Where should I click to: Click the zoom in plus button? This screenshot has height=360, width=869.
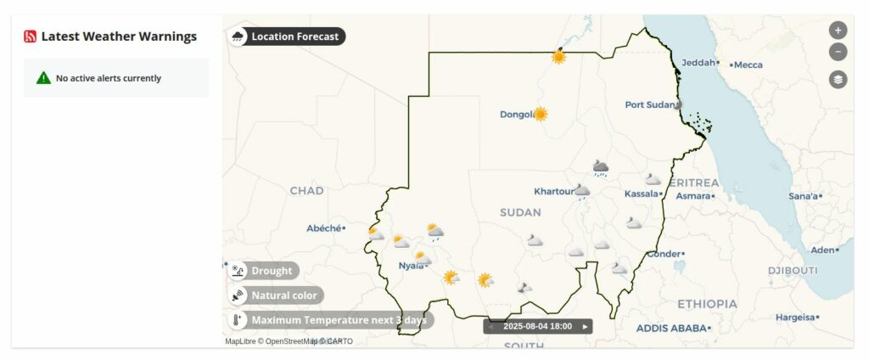838,30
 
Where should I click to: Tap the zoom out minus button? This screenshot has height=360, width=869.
838,52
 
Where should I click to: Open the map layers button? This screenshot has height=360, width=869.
838,79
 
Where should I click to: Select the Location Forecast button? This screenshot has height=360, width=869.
288,37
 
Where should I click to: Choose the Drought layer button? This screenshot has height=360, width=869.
263,271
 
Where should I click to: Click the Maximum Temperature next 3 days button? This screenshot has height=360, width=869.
330,320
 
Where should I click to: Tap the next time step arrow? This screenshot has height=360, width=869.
585,326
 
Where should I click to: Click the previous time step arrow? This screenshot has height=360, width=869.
491,326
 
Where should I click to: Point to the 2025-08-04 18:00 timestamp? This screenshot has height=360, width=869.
537,326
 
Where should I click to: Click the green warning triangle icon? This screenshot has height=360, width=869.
43,78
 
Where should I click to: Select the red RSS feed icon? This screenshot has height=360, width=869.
31,37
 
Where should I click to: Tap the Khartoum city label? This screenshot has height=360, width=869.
553,191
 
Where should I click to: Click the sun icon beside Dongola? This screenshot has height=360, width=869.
540,114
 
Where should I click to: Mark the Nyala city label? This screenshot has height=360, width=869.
411,266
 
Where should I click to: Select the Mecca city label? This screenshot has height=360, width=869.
748,65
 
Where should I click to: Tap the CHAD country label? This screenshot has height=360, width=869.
306,191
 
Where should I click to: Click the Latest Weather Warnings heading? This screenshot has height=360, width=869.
119,37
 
